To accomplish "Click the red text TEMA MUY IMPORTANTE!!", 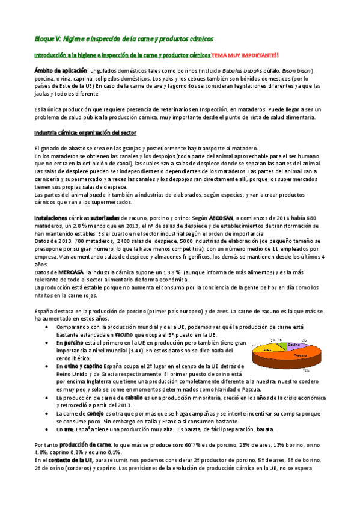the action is point(245,55).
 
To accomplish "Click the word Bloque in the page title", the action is point(43,38).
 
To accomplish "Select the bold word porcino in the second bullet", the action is point(73,342).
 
